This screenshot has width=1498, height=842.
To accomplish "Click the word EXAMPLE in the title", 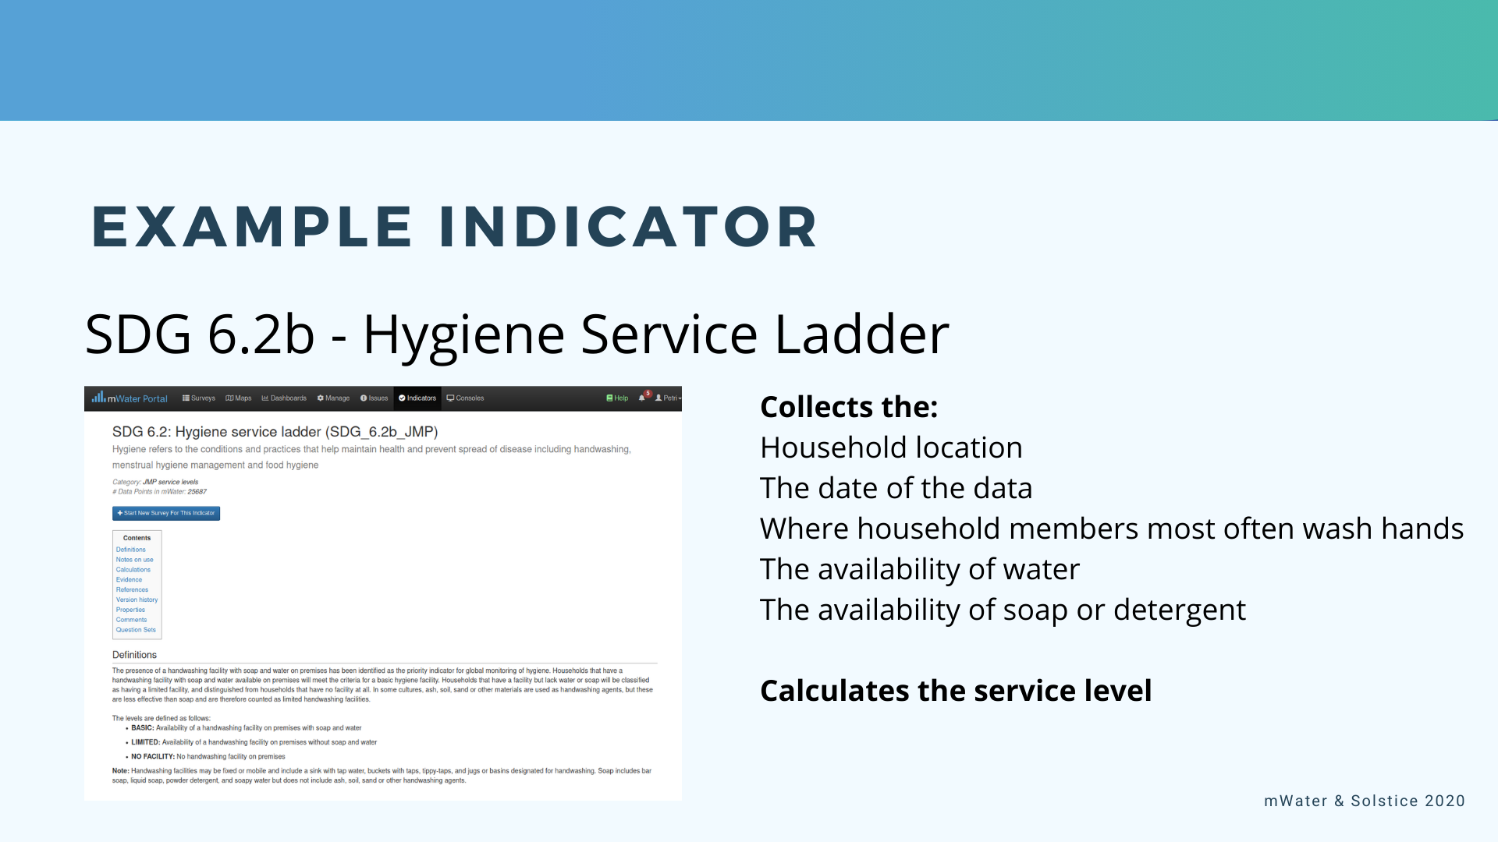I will click(251, 227).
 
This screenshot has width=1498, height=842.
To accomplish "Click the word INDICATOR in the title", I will click(628, 227).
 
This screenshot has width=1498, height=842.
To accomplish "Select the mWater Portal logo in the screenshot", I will click(130, 398).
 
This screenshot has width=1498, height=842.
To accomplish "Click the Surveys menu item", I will click(199, 398).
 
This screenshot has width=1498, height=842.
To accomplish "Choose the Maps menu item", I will click(239, 398).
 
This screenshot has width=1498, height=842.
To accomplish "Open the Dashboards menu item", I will click(284, 398).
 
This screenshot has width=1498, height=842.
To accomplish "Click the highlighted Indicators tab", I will click(417, 398).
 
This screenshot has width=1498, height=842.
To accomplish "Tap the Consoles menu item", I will click(465, 398).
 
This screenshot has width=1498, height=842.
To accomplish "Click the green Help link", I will click(617, 398).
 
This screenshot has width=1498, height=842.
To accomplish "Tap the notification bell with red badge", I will click(642, 397).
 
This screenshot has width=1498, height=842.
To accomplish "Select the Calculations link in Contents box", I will click(133, 570).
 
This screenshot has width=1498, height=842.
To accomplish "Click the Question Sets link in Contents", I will click(136, 630).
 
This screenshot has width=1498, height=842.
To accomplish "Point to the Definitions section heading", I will click(134, 655).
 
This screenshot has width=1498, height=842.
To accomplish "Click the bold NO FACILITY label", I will click(152, 756).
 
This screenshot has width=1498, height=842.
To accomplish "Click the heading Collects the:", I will click(849, 407).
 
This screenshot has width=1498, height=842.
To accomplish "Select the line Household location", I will click(891, 448).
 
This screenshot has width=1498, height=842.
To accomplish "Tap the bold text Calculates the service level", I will click(956, 691).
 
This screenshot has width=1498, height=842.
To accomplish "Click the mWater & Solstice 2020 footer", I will click(1364, 801).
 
